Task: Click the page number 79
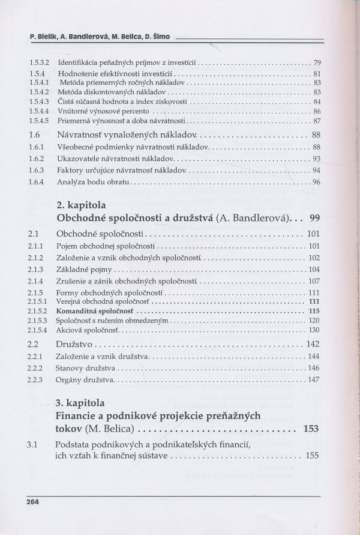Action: [317, 62]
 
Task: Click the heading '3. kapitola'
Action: [80, 402]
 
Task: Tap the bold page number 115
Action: [313, 312]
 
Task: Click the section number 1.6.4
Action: [37, 182]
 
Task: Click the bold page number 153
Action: [310, 429]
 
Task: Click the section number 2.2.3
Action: [37, 380]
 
